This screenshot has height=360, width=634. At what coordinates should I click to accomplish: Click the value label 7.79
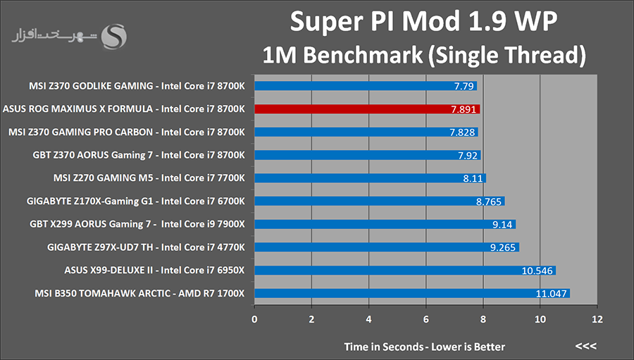[x=464, y=87]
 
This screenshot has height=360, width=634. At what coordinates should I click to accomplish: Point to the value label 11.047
[x=552, y=293]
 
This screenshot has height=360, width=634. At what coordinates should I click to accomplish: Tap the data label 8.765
[x=489, y=201]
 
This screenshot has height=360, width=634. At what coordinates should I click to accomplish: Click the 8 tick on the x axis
[x=483, y=319]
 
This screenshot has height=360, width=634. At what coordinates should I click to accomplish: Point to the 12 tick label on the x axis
[x=597, y=319]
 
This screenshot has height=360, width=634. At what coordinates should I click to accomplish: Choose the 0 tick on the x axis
[x=254, y=319]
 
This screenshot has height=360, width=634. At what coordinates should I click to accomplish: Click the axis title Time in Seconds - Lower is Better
[x=424, y=347]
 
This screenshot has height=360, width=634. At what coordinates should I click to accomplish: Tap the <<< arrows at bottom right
[x=585, y=347]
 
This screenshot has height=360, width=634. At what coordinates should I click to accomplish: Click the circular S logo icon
[x=114, y=36]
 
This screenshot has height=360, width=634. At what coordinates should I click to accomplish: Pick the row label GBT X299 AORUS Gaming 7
[x=139, y=224]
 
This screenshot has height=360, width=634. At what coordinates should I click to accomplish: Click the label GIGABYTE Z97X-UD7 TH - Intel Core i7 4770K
[x=146, y=247]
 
